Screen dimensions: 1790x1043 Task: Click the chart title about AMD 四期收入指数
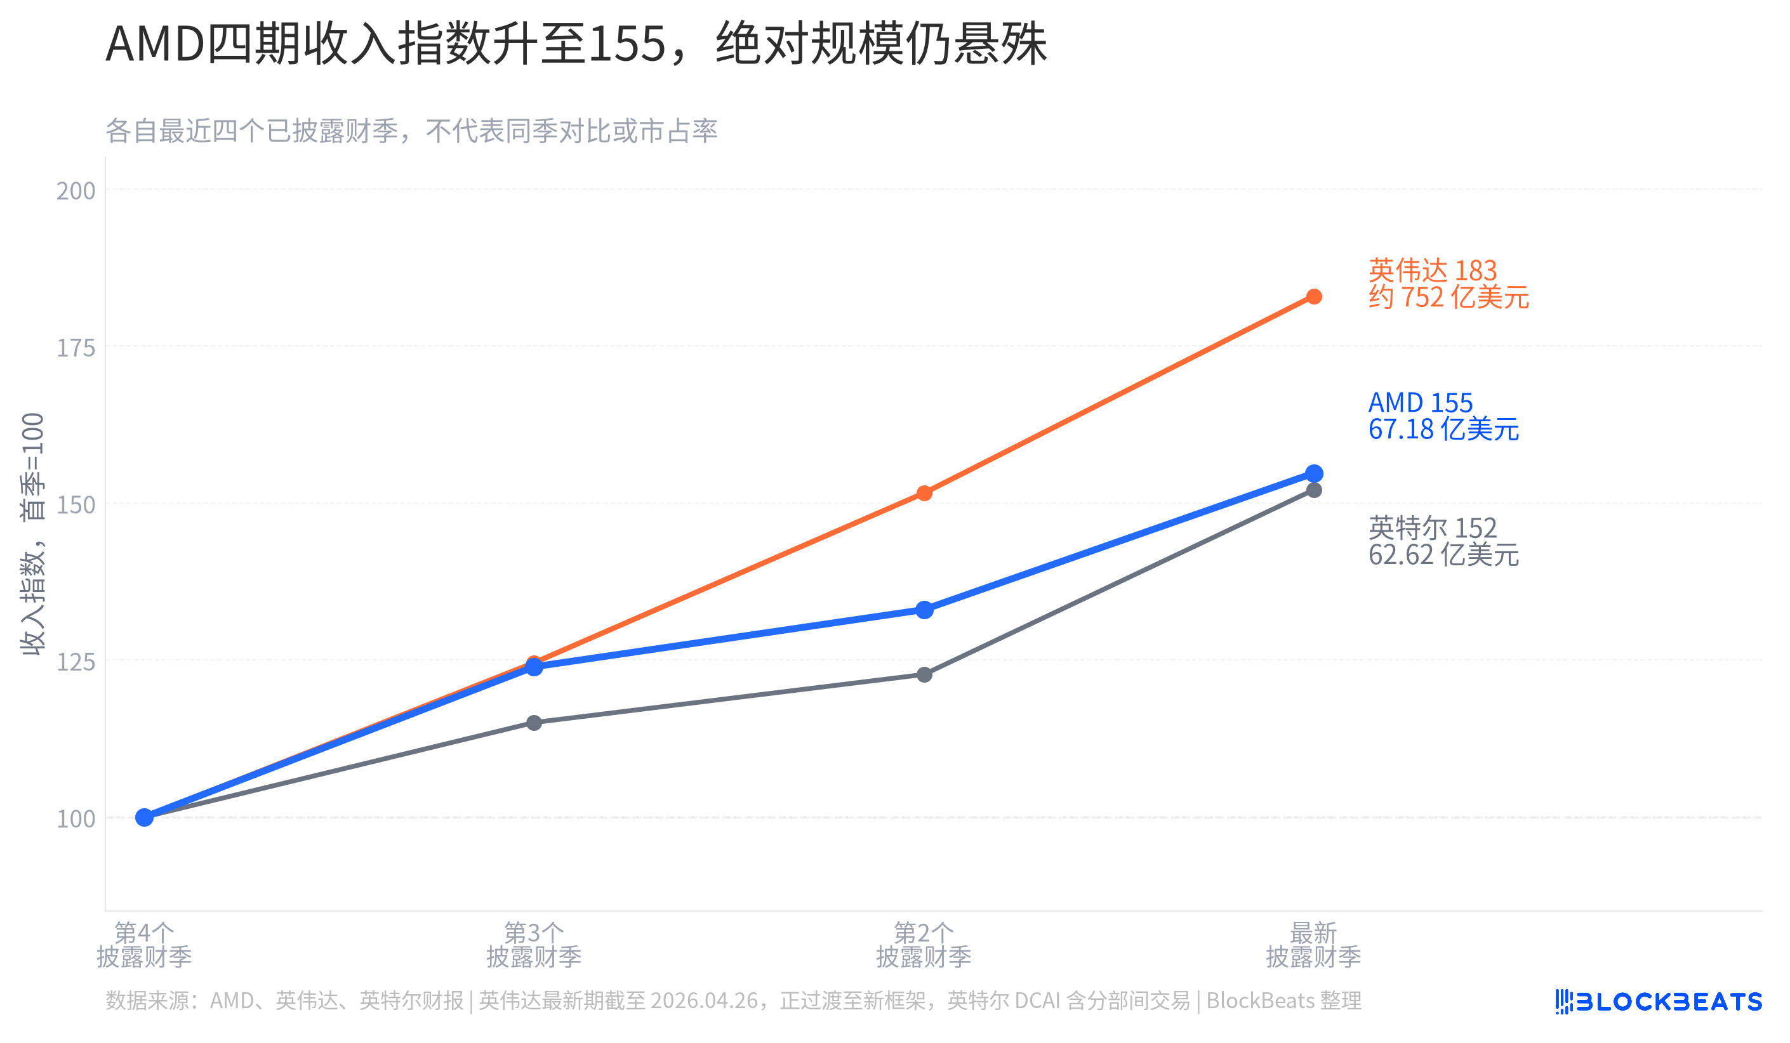coord(576,44)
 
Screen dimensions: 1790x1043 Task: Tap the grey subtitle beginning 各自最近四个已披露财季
coord(411,131)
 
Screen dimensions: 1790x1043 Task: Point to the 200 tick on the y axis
coord(76,190)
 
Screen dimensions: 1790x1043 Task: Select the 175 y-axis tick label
coord(76,348)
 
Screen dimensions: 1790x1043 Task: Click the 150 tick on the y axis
coord(76,505)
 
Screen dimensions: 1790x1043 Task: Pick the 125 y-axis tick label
coord(76,662)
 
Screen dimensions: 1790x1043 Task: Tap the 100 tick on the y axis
coord(76,818)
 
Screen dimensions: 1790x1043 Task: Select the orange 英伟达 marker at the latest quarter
coord(1314,297)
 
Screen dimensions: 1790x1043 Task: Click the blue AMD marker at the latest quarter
coord(1314,473)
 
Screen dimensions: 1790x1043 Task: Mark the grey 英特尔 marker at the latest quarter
coord(1314,490)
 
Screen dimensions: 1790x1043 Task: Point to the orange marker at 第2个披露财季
coord(924,494)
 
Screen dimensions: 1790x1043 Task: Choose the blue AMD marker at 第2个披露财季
coord(924,610)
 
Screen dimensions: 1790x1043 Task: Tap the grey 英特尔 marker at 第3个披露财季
coord(534,723)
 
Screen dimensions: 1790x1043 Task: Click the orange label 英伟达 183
coord(1433,270)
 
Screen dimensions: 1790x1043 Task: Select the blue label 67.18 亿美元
coord(1443,430)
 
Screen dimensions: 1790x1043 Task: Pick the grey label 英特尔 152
coord(1433,528)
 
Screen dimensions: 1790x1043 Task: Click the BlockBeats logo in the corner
coord(1659,1002)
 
